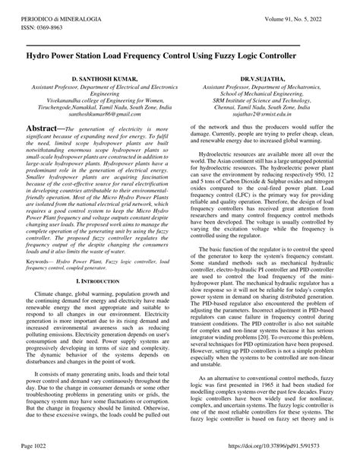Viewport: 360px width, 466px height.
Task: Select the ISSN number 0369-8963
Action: pyautogui.click(x=43, y=18)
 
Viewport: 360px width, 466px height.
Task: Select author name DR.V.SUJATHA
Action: pyautogui.click(x=261, y=78)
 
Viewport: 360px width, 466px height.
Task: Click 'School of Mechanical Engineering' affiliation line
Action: pyautogui.click(x=260, y=94)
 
